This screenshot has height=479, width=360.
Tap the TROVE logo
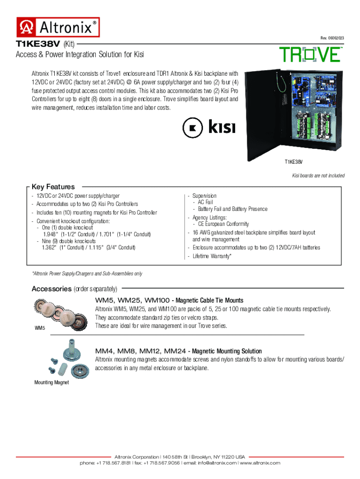(x=310, y=55)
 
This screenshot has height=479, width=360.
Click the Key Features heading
(x=53, y=187)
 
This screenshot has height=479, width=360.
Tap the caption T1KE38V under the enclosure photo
(x=294, y=162)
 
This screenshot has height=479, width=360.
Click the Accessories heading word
(x=51, y=289)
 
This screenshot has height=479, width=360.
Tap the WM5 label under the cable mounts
(x=40, y=328)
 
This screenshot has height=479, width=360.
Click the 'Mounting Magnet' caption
(x=51, y=383)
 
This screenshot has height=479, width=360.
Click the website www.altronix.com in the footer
(x=260, y=463)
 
